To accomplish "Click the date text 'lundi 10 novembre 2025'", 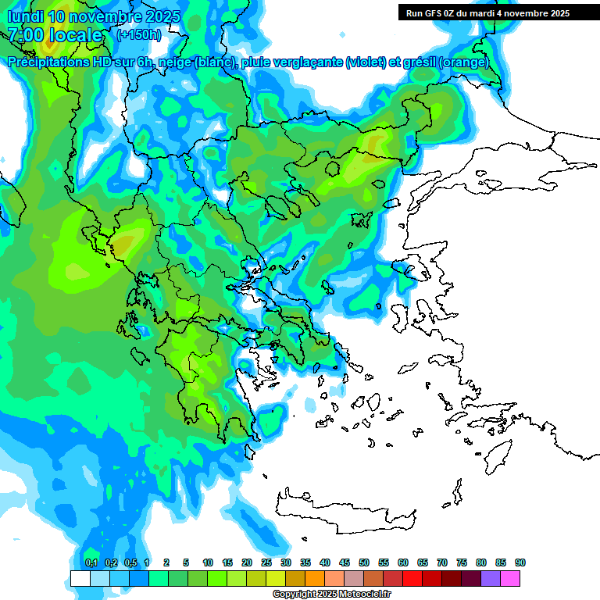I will point(94,16).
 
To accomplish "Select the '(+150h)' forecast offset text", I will point(139,35).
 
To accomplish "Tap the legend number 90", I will point(520,562).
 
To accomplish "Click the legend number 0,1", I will point(91,562).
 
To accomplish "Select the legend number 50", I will point(364,562).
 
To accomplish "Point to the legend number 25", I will point(266,562).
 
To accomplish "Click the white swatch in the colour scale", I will point(80,578).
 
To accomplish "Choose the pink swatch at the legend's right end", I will point(510,578).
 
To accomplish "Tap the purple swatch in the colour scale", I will point(491,578).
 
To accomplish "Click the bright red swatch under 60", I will point(412,578).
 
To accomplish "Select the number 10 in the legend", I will point(208,562).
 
